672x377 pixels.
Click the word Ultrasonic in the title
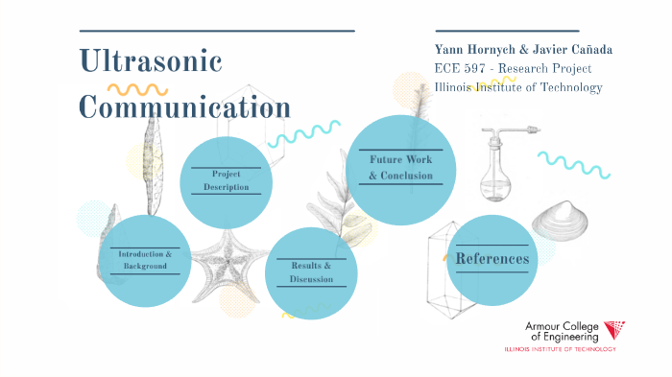(151, 63)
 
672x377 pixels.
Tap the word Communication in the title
(184, 106)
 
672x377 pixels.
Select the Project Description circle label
(226, 180)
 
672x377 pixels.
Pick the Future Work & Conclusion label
(401, 168)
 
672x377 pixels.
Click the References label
(492, 259)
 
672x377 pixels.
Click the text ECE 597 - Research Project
(513, 69)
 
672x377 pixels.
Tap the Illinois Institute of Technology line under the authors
(518, 87)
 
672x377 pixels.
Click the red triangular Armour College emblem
(613, 331)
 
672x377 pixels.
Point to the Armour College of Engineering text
(562, 332)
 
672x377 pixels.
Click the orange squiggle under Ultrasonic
(136, 89)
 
